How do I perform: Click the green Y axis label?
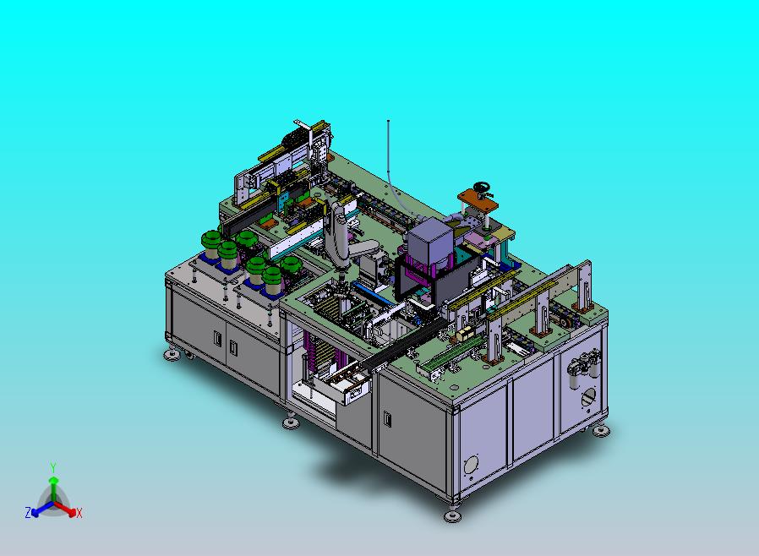(x=53, y=467)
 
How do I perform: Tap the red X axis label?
(x=79, y=513)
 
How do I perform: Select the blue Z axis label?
(x=28, y=512)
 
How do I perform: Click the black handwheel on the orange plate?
(x=482, y=188)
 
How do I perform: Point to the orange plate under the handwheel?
(x=478, y=199)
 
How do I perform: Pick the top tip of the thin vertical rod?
(x=388, y=121)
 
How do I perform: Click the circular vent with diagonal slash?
(x=588, y=399)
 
